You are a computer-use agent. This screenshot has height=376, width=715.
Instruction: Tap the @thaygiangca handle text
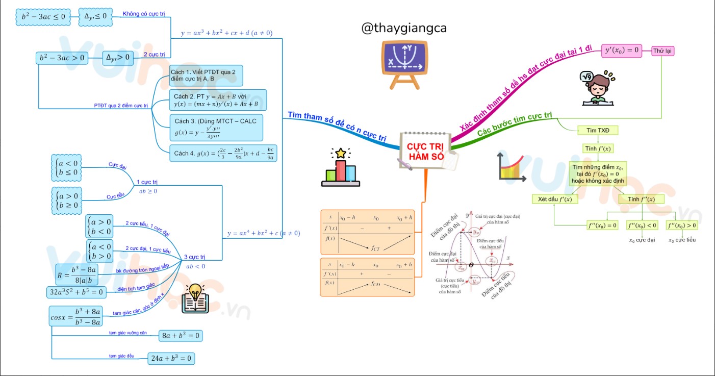tap(404, 29)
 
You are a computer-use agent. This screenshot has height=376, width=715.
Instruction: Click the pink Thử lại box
tap(663, 51)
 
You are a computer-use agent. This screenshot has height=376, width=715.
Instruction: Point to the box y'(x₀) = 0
tap(622, 50)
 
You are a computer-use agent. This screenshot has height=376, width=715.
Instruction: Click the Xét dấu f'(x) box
tap(555, 199)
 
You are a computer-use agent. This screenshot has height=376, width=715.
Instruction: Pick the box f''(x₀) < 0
tap(642, 225)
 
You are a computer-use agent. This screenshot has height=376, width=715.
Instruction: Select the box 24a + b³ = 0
tap(171, 359)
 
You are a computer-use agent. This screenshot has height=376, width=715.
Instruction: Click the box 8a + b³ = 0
tap(181, 336)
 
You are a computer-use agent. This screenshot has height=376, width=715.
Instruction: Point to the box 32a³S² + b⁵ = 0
tap(76, 292)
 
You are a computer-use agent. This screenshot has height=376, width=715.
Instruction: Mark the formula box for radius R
tap(76, 274)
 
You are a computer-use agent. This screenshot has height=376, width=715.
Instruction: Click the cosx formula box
tap(76, 316)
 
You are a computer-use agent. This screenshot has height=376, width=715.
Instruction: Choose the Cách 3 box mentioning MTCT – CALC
tap(216, 128)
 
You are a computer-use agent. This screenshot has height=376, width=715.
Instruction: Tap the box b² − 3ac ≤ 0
tap(43, 17)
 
